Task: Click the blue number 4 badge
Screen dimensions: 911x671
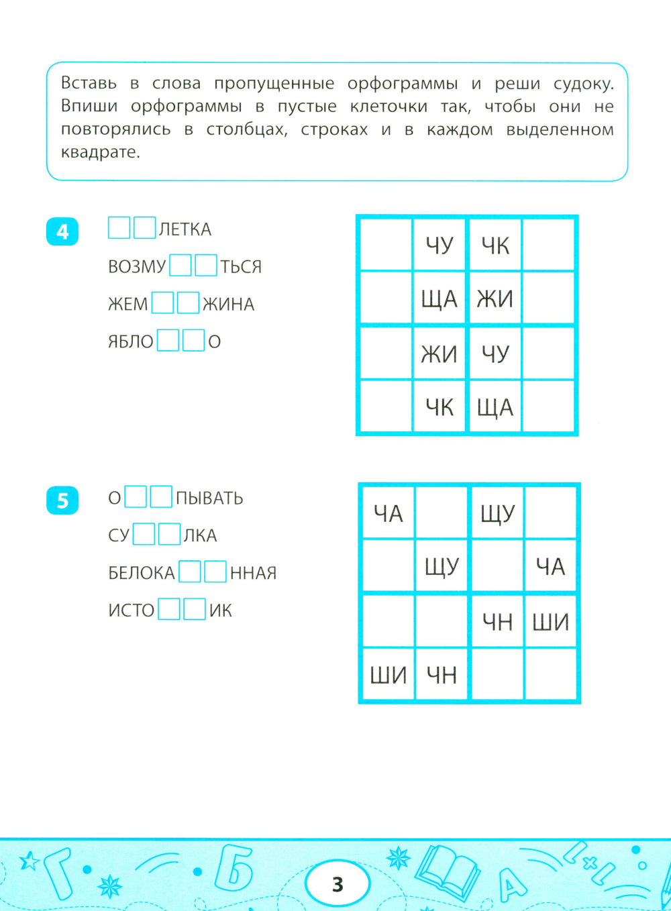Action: click(62, 232)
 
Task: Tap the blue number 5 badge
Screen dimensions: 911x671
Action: click(62, 500)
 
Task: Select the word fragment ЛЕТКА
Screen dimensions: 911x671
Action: click(185, 230)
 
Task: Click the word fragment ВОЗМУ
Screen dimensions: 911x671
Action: click(137, 267)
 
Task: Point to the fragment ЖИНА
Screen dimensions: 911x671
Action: click(228, 305)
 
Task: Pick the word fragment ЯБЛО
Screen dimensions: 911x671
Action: click(131, 342)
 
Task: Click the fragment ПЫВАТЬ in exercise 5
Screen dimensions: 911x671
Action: click(209, 498)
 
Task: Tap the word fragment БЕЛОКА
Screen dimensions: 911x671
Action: click(142, 573)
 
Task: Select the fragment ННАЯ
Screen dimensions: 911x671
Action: click(253, 573)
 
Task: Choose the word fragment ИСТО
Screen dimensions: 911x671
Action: click(132, 610)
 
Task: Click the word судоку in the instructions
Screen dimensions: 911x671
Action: click(582, 84)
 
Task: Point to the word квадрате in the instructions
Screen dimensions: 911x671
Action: click(101, 152)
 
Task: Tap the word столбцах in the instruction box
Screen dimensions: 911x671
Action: click(246, 129)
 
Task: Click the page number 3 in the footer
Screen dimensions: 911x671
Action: click(338, 884)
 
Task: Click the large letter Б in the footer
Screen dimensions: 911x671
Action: click(234, 869)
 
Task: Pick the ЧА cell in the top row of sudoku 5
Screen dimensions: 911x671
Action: click(388, 514)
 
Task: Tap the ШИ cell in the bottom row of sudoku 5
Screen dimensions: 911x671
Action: click(388, 675)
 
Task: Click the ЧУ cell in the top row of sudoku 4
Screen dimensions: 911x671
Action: click(440, 246)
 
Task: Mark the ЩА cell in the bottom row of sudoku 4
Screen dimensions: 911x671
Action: click(495, 407)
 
